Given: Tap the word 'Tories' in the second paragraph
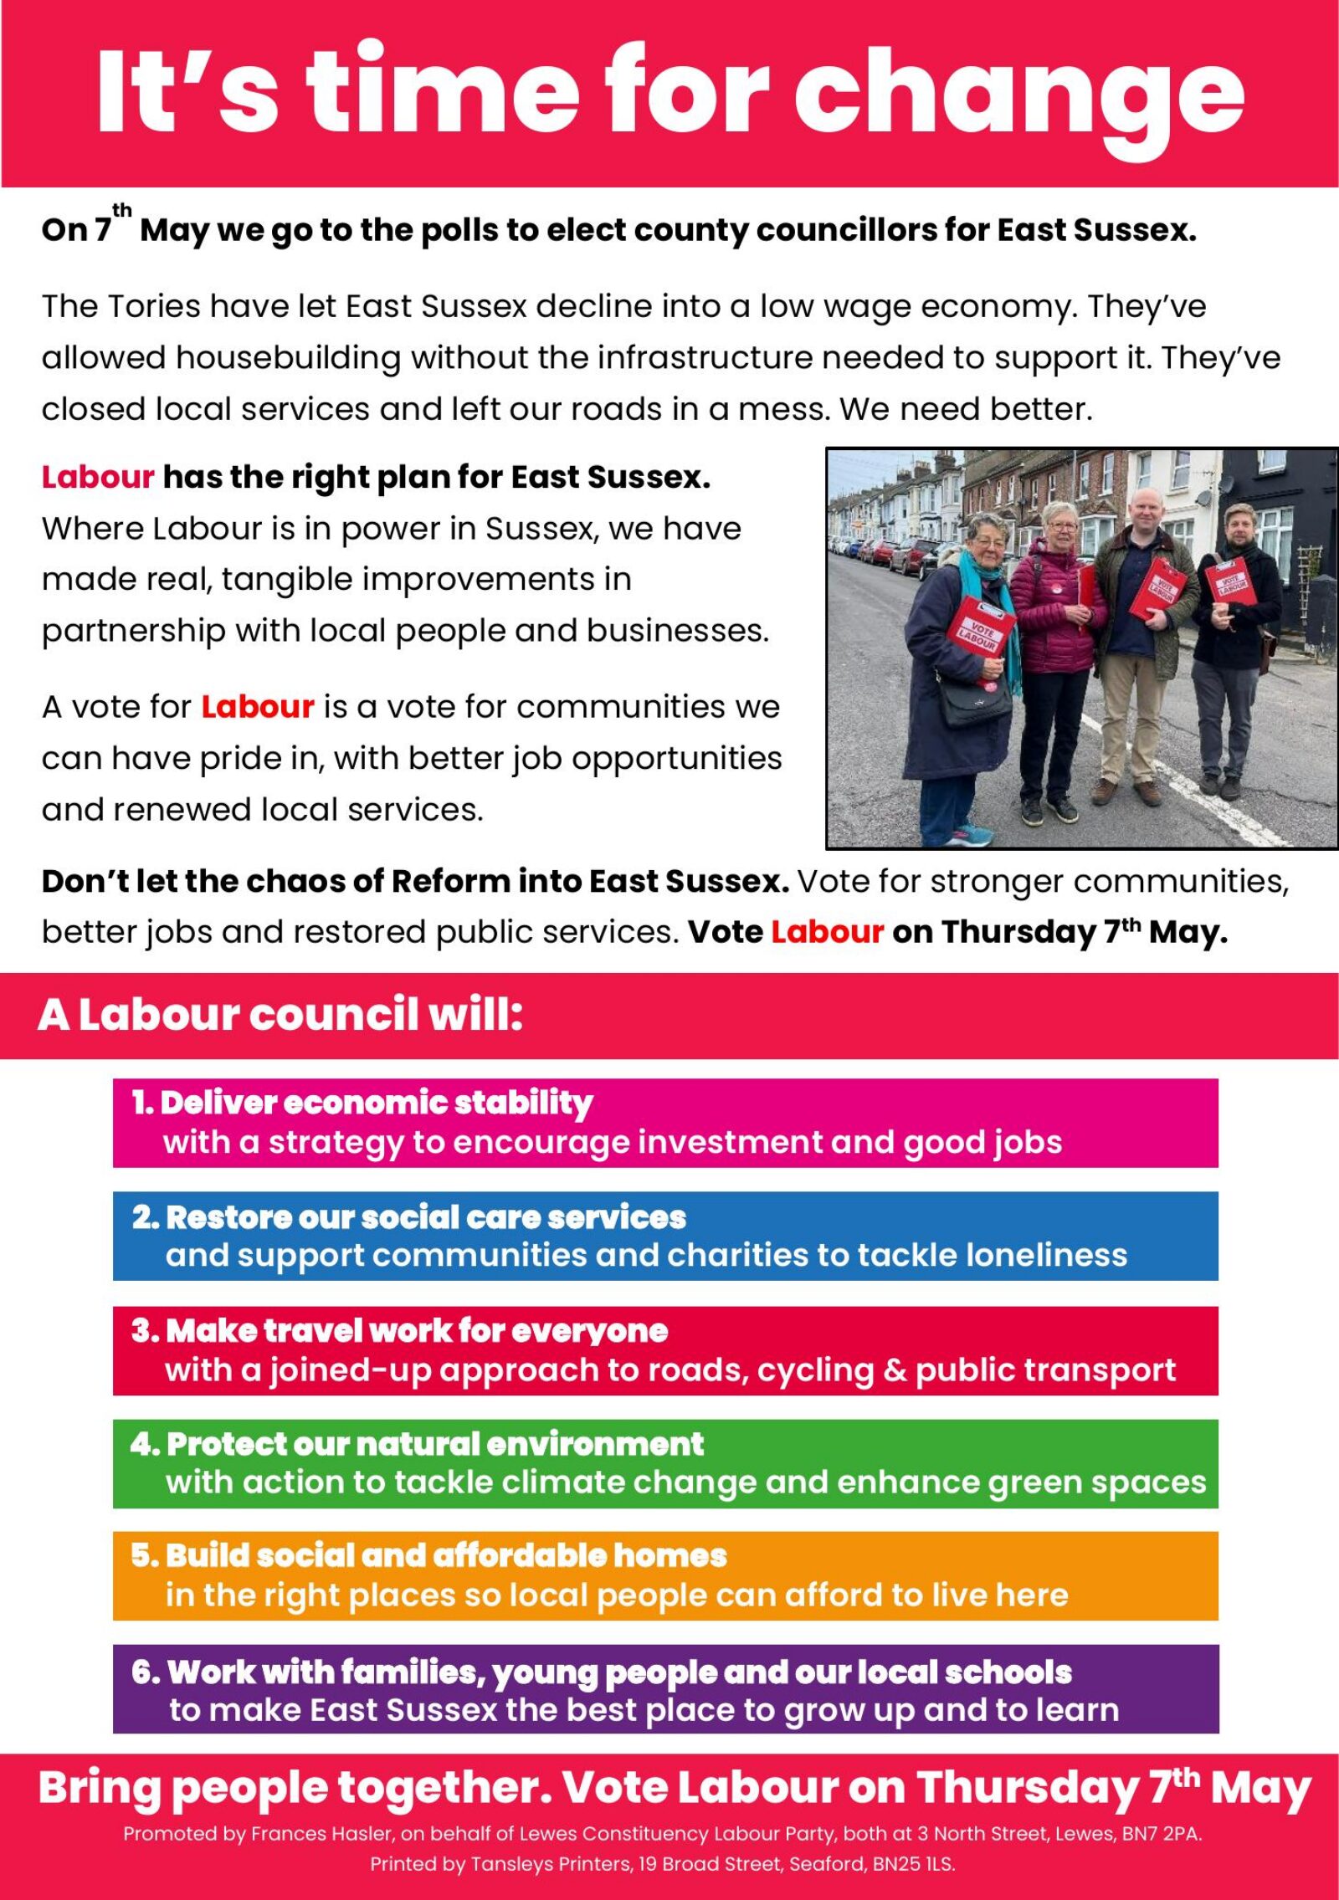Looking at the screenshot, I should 155,307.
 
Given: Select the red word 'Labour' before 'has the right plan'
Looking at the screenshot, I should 98,477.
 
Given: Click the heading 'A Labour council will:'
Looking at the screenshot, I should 280,1015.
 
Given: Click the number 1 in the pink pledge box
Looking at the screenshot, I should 141,1103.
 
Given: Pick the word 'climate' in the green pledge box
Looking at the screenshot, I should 563,1482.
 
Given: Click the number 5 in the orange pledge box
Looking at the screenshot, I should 142,1555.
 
